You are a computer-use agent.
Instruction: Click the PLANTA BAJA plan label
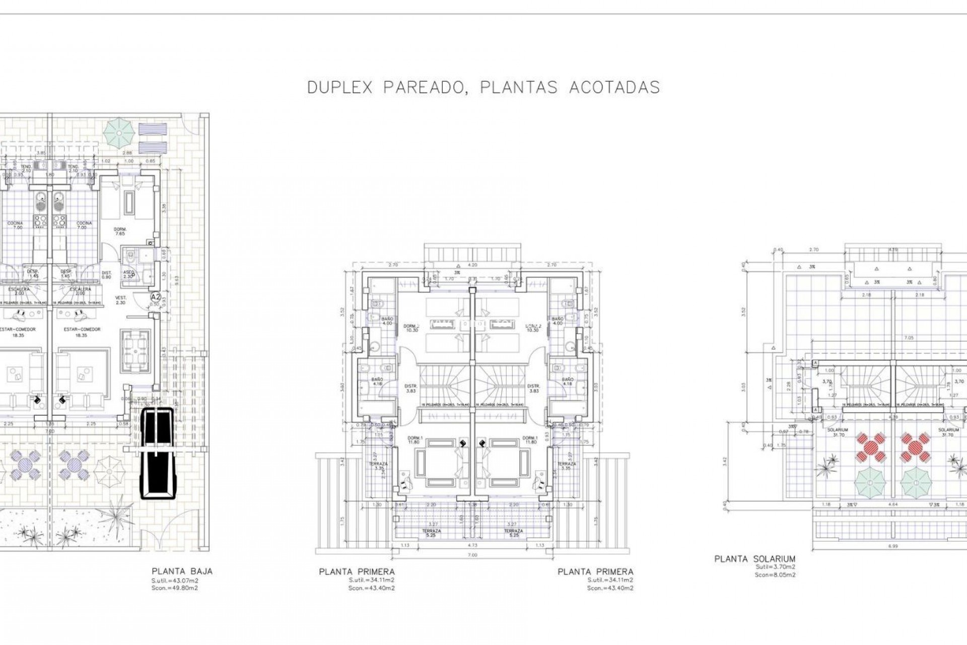point(182,571)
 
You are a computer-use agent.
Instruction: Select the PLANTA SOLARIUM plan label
point(754,559)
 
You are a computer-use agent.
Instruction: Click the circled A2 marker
point(156,297)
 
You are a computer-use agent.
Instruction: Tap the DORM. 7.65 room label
point(120,231)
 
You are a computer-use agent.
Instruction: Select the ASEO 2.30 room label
point(128,274)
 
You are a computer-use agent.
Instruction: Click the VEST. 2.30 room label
point(120,300)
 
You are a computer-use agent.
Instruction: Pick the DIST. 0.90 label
point(106,274)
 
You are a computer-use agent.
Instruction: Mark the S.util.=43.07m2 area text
point(174,580)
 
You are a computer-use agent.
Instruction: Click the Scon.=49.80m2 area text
point(174,588)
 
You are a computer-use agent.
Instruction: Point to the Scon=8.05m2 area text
point(775,574)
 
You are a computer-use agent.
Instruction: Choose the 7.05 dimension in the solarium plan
point(895,338)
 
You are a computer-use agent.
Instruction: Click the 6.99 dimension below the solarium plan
point(894,545)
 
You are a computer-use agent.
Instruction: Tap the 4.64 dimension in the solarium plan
point(893,504)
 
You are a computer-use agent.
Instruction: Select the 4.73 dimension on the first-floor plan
point(472,545)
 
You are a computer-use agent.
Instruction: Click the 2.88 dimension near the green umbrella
point(128,153)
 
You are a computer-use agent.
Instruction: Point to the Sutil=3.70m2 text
point(775,567)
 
